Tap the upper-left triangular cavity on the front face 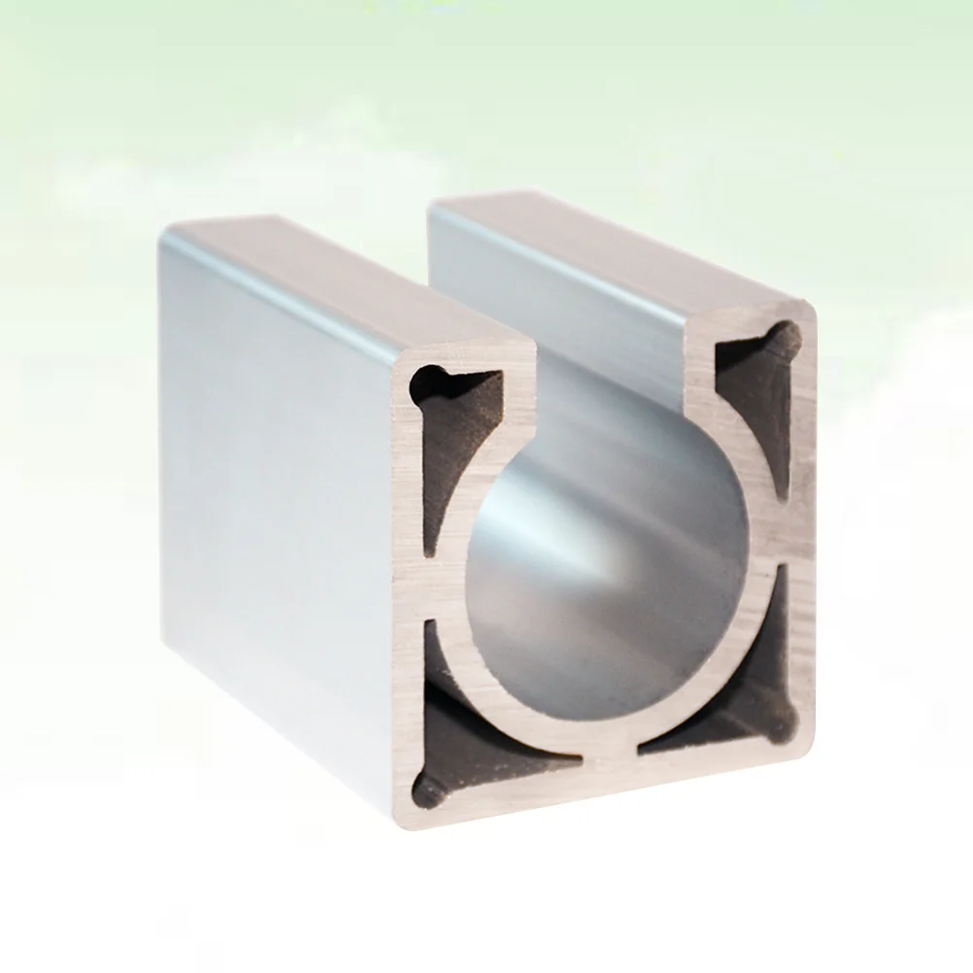pyautogui.click(x=461, y=427)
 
